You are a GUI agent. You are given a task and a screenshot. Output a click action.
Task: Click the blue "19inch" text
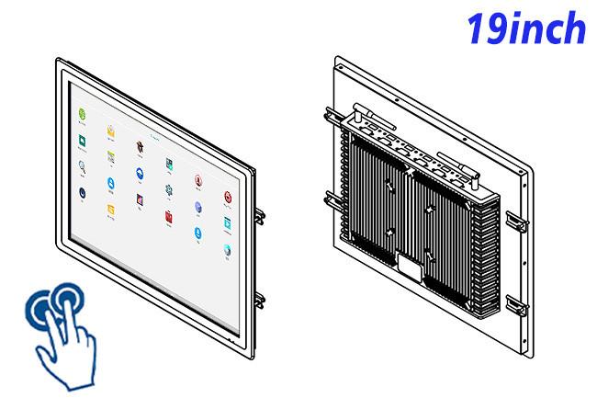click(525, 28)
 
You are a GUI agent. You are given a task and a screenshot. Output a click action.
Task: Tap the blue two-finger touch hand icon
click(62, 335)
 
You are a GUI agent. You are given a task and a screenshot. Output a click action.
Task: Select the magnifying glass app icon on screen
click(82, 166)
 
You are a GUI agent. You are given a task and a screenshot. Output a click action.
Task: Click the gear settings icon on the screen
click(169, 190)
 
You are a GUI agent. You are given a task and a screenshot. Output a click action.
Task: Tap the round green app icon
click(82, 114)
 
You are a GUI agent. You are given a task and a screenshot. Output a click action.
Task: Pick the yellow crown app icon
click(110, 131)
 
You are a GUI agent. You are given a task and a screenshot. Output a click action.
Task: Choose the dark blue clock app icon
click(82, 193)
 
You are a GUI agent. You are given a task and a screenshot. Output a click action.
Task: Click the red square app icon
click(169, 217)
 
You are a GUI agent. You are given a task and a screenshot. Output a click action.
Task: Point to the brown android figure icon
click(140, 148)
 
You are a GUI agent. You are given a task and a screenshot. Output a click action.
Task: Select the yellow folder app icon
click(111, 210)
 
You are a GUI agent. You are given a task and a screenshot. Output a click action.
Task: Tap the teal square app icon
click(227, 223)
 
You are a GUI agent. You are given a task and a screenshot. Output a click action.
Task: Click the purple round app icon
click(198, 207)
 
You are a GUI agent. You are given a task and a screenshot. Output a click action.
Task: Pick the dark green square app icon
click(82, 140)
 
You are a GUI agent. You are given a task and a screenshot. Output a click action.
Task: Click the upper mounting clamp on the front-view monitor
click(260, 216)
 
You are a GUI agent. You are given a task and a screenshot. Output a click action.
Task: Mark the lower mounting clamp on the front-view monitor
click(260, 301)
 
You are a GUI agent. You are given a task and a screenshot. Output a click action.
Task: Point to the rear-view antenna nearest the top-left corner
click(374, 116)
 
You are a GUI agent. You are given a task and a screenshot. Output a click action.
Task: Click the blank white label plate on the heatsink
click(410, 267)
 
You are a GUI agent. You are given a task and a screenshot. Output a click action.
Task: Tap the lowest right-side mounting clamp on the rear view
click(517, 305)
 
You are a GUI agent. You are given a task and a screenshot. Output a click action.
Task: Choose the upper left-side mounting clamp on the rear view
click(335, 117)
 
